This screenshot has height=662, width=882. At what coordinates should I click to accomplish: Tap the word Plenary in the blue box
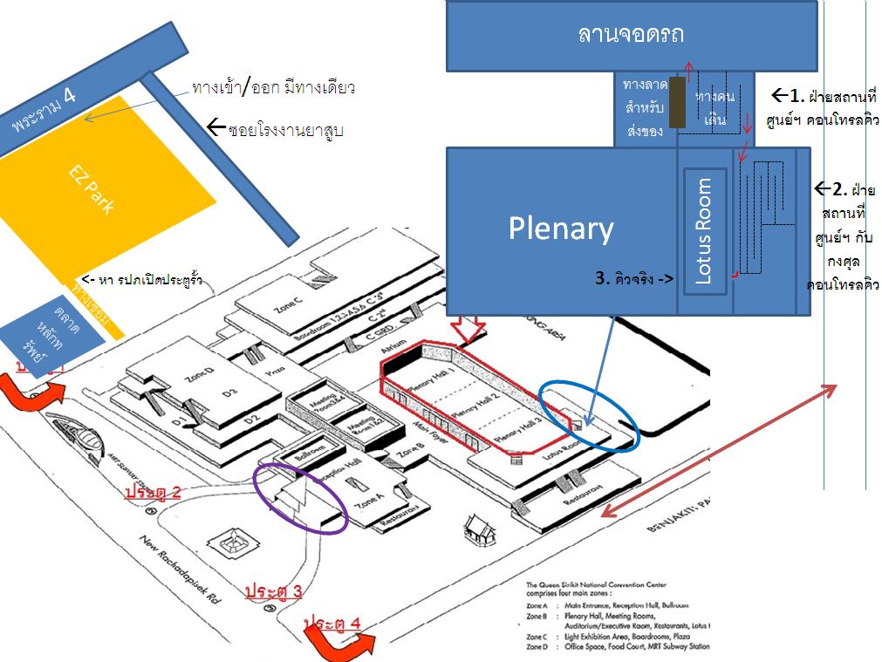click(x=561, y=229)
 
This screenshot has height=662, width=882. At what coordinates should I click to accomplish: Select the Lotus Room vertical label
click(x=705, y=231)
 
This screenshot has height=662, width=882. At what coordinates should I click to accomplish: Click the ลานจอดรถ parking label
click(x=631, y=34)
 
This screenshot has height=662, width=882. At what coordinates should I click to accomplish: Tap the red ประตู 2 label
click(x=153, y=492)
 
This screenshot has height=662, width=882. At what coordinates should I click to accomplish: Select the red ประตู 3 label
click(x=273, y=590)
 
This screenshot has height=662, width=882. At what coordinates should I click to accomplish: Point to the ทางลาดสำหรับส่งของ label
click(x=646, y=108)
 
